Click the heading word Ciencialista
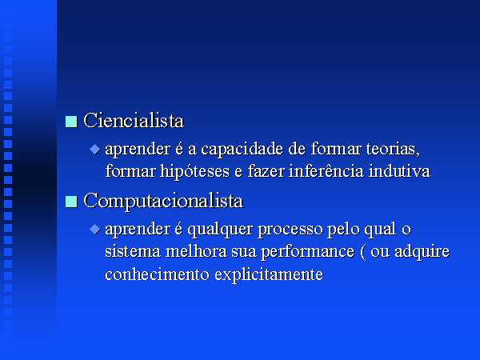(134, 121)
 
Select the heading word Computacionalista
(163, 202)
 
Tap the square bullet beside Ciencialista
(71, 122)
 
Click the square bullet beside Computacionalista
(71, 202)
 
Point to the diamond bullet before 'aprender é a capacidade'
(95, 150)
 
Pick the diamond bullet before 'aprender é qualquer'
(95, 230)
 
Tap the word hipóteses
(194, 172)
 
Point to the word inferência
(326, 171)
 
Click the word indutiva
(399, 171)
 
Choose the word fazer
(266, 171)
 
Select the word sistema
(133, 252)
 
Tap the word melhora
(196, 251)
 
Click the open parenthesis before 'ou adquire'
(363, 253)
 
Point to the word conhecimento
(158, 274)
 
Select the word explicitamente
(269, 274)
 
